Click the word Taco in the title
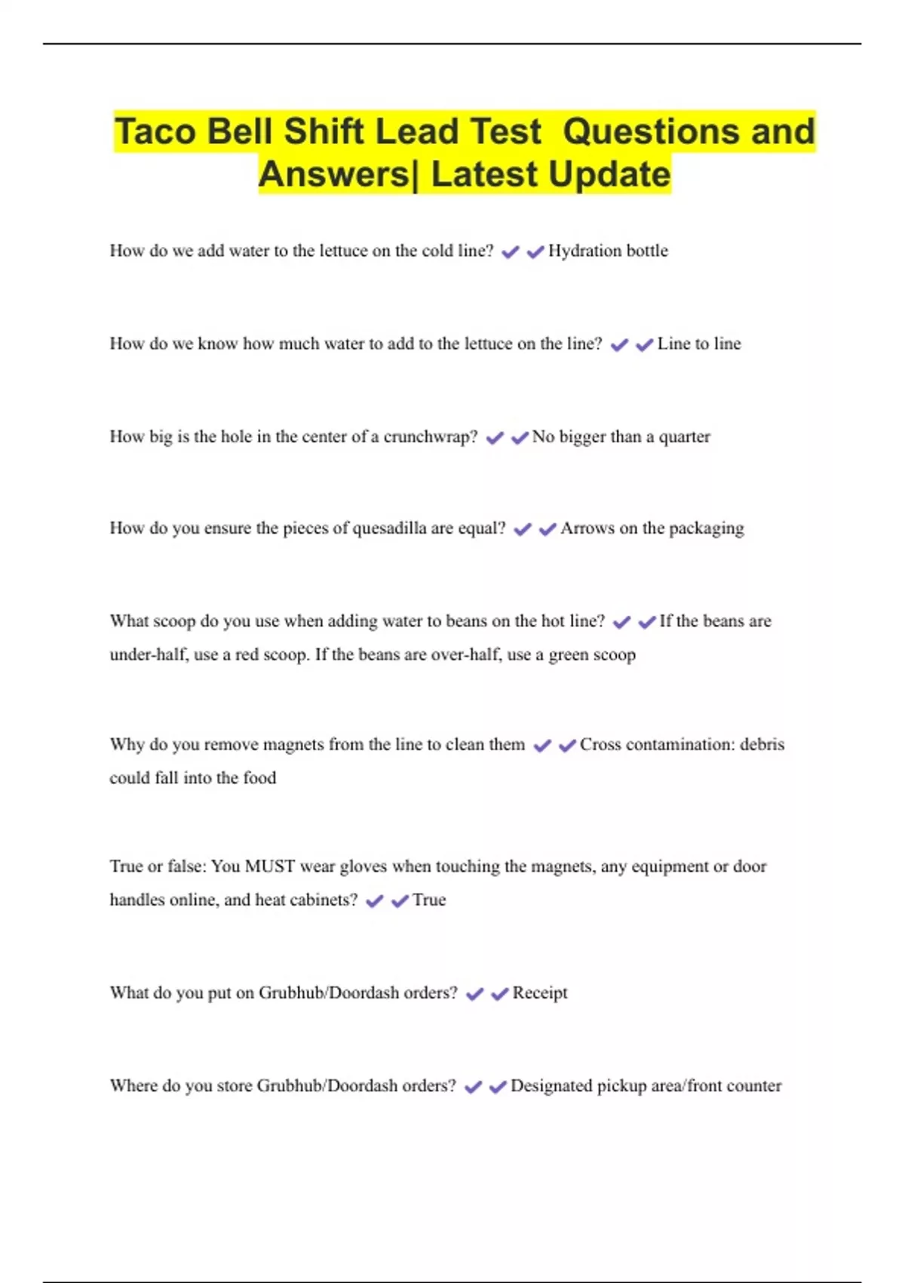point(156,132)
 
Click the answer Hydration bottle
point(608,251)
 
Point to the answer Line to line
point(699,344)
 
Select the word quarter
point(685,437)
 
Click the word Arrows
point(587,528)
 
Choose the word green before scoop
point(572,655)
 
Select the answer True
point(429,900)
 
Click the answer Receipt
point(539,993)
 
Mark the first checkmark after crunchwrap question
point(495,438)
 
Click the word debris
point(762,745)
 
